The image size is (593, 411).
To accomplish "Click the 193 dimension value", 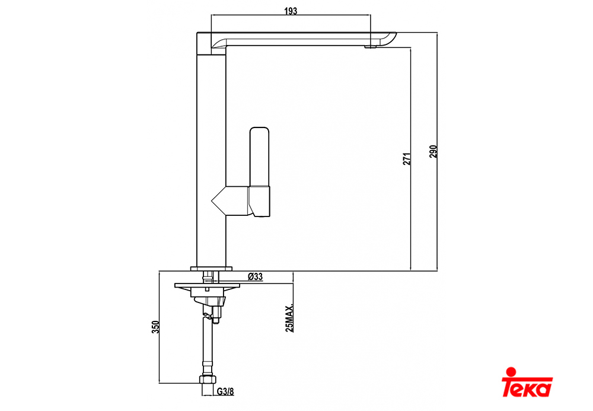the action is (x=291, y=11).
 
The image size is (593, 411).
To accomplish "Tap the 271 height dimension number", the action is (x=407, y=159).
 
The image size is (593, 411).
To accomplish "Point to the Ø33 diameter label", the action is (x=255, y=276).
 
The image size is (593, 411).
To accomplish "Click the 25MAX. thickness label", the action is (x=289, y=318).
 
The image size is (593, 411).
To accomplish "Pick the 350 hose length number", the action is (x=155, y=327).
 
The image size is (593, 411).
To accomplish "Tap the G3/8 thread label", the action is (x=225, y=391).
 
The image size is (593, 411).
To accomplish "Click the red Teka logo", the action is (x=527, y=382).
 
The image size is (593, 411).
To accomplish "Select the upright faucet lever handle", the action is (x=260, y=157).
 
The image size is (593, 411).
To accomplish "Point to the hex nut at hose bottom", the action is (x=208, y=380).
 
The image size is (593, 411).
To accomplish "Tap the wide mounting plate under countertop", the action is (x=207, y=285).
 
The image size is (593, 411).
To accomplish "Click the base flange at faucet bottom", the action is (x=211, y=269).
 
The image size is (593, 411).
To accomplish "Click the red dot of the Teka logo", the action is (x=511, y=371).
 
